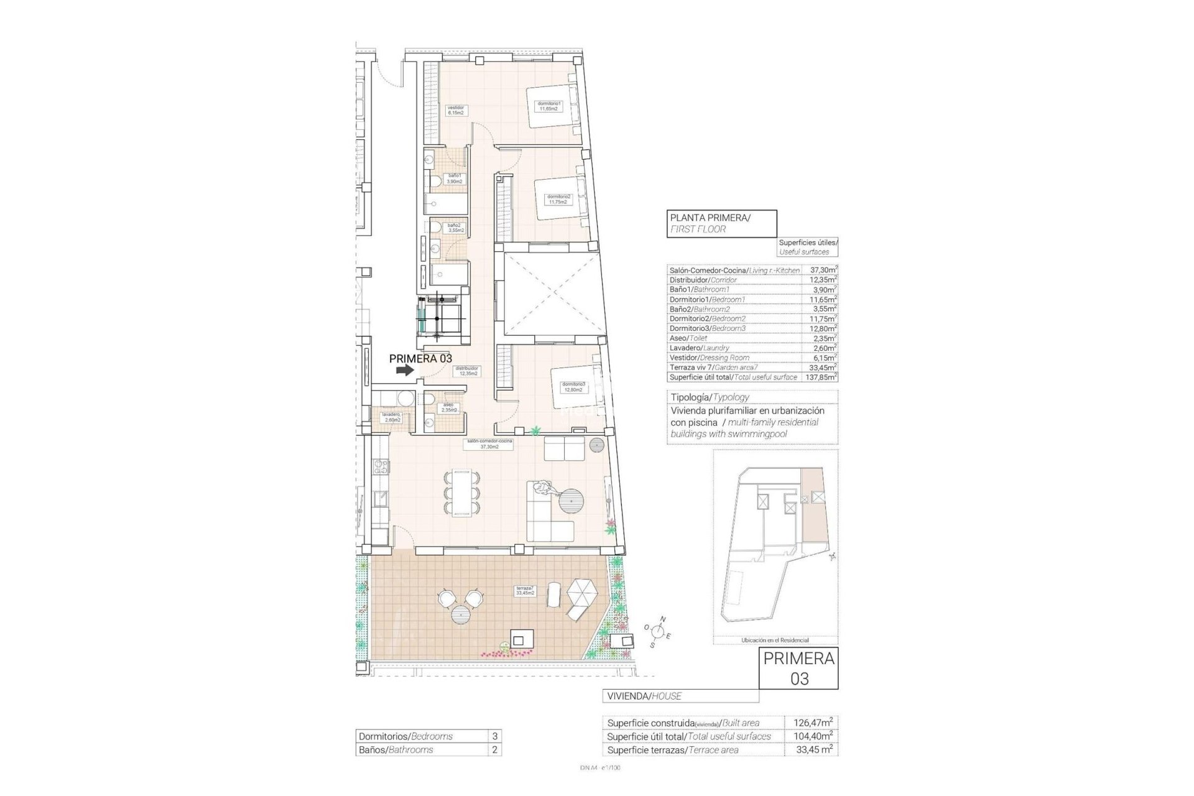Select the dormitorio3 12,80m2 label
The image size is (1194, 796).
coord(573,387)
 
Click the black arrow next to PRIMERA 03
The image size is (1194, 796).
coord(405,370)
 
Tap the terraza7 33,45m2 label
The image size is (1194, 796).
coord(524,590)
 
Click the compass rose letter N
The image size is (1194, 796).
coord(663,619)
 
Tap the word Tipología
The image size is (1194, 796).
coord(690,397)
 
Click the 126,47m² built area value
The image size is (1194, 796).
coord(813,723)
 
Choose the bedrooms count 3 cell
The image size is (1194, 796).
coord(494,736)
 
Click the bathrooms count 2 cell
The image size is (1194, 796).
coord(494,750)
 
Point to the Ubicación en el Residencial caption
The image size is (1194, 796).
coord(775,640)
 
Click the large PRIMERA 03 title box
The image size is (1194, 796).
coord(799,668)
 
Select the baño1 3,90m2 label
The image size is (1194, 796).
coord(454,178)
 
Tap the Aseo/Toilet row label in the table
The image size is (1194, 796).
coord(688,338)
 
